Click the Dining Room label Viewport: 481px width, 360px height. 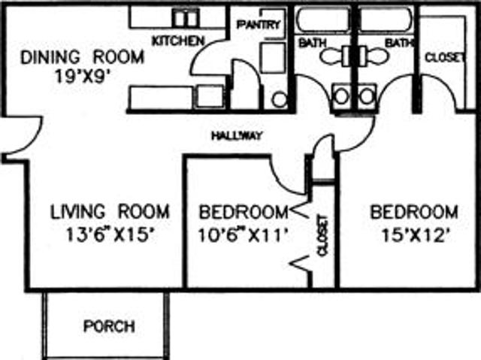point(82,57)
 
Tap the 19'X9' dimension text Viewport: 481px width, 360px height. point(82,76)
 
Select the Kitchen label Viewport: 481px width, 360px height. point(178,41)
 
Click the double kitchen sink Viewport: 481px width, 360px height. point(186,18)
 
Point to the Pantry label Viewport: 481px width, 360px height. point(259,25)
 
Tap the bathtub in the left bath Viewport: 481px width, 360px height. point(323,19)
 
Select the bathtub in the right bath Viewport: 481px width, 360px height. point(386,19)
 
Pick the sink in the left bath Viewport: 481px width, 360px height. point(341,96)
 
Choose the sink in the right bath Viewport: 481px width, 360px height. point(367,96)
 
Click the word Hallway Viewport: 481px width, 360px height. point(237,135)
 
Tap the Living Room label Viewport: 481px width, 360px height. point(110,212)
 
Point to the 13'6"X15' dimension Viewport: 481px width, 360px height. point(110,235)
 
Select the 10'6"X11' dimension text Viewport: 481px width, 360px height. point(244,235)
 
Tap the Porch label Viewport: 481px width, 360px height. point(109,326)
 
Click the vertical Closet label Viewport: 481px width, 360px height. point(323,235)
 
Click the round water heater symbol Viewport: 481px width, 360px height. point(279,100)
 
